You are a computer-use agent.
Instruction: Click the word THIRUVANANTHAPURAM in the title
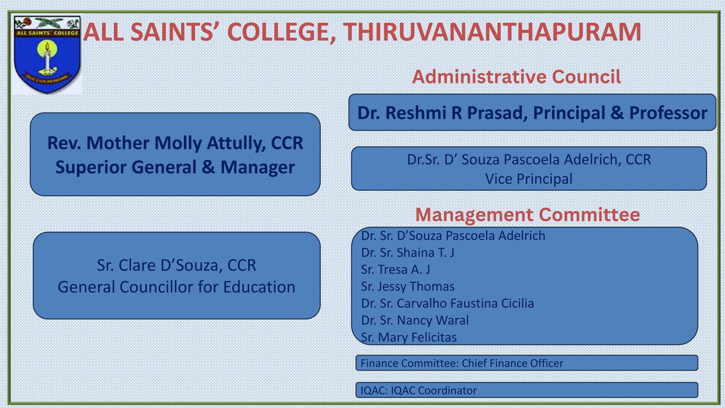[492, 32]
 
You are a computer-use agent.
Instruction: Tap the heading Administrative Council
[517, 77]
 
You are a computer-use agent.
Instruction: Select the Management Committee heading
[527, 215]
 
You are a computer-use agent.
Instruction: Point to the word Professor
[668, 113]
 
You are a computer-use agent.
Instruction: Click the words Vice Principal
[529, 179]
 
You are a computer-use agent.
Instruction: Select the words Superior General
[126, 167]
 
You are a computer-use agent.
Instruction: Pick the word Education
[259, 287]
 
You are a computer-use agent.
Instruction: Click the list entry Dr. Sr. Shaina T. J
[408, 253]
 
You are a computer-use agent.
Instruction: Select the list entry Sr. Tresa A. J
[396, 269]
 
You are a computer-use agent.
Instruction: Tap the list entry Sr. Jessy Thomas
[408, 287]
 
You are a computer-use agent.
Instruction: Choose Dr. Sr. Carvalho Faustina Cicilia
[448, 303]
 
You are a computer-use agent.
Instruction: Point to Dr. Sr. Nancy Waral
[415, 320]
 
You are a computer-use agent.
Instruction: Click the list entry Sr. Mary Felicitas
[409, 337]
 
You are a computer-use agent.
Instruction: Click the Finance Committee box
[527, 363]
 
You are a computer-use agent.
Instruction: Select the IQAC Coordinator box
[527, 390]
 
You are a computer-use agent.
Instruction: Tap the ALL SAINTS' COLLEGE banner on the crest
[47, 33]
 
